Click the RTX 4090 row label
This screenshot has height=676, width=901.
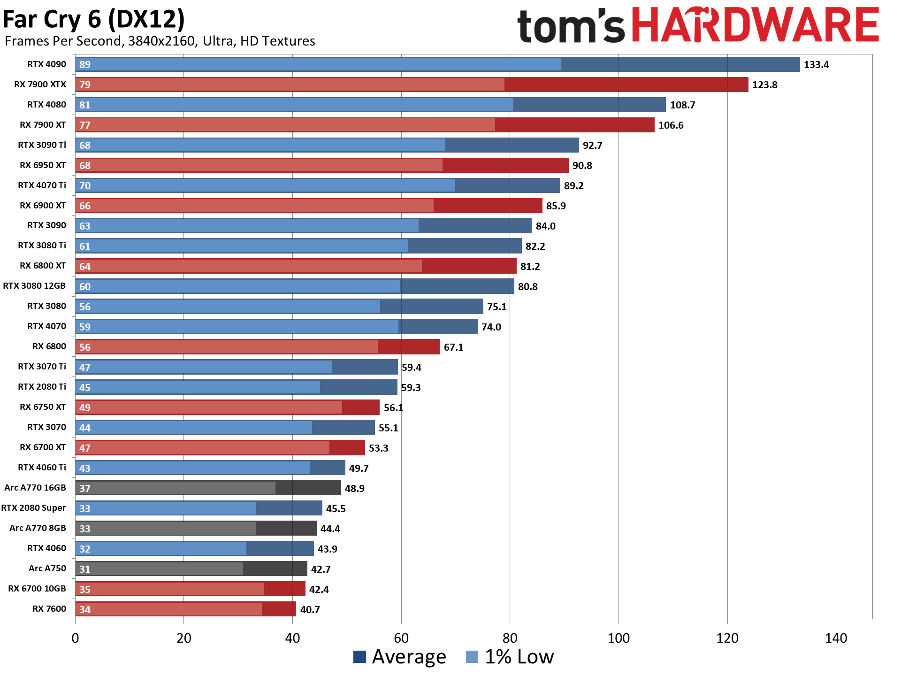pos(46,64)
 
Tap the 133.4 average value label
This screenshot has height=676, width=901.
pos(816,65)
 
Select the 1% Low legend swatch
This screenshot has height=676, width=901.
pos(472,657)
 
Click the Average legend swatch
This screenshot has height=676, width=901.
pos(359,657)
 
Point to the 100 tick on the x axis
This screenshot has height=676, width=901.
pos(618,638)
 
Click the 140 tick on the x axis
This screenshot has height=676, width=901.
pos(836,638)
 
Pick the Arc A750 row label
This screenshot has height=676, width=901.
pos(47,568)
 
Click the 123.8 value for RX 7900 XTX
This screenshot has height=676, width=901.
pos(764,85)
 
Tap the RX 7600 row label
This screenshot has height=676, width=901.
pos(49,609)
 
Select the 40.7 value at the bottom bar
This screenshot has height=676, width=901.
pos(310,610)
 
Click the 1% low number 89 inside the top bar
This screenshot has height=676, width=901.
pos(85,65)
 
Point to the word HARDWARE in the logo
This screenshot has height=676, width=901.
pos(755,26)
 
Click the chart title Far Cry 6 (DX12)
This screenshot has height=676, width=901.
pos(94,19)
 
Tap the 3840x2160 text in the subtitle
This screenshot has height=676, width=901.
pos(161,41)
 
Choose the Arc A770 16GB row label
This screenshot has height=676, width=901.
pos(35,488)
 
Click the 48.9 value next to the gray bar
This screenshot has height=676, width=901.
pos(354,489)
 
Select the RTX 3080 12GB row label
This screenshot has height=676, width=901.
pos(34,286)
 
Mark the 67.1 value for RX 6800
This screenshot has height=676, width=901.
pos(453,347)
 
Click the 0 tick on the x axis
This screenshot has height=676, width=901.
pos(75,638)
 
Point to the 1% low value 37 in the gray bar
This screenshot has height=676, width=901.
pos(85,489)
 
